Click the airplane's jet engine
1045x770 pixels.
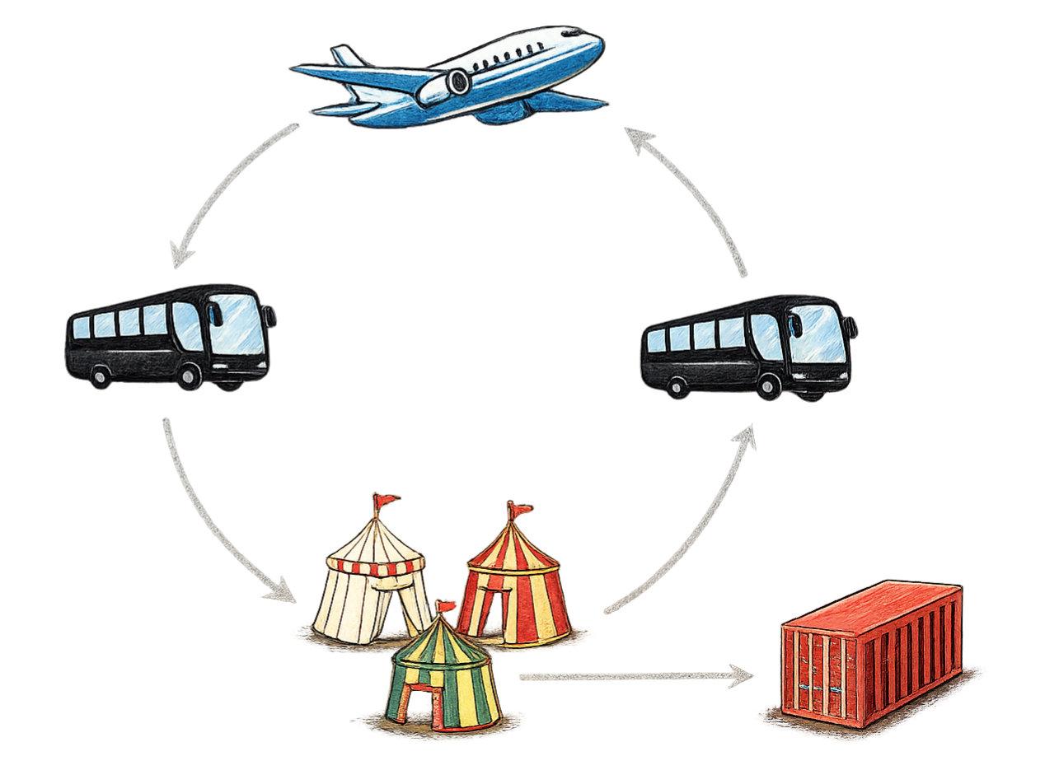coord(449,83)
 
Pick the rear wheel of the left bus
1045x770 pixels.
coord(100,376)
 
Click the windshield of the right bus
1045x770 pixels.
coord(818,334)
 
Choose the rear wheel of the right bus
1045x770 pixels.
coord(678,385)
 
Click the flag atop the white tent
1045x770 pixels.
coord(386,500)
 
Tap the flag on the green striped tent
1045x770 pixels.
coord(448,607)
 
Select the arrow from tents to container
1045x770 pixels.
coord(635,677)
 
